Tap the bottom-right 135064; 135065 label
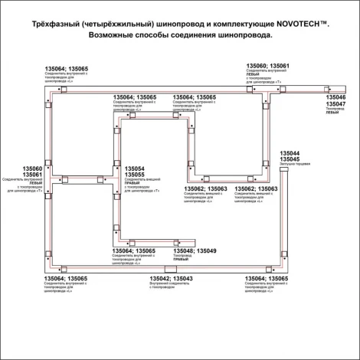point(267,278)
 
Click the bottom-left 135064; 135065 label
point(65,278)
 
